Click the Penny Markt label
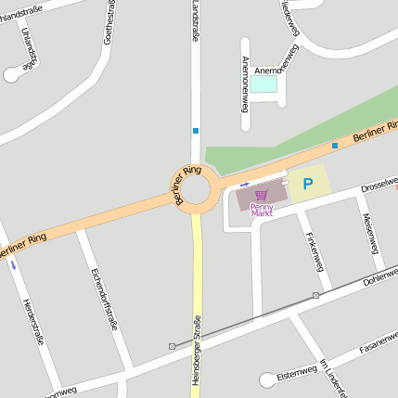[263, 210]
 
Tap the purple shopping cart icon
[263, 195]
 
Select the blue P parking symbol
[307, 184]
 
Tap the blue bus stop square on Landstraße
[196, 131]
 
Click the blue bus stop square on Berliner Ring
[335, 145]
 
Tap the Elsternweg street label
[297, 373]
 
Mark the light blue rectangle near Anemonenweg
[264, 84]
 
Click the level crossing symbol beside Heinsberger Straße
[173, 346]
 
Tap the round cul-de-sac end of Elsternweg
[267, 379]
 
